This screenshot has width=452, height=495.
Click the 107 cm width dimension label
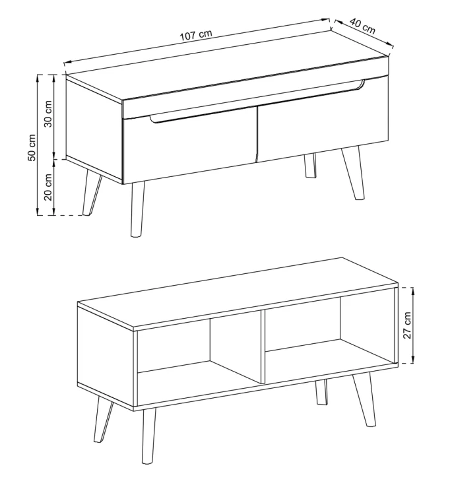pyautogui.click(x=196, y=35)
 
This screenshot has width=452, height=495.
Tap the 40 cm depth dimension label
pyautogui.click(x=363, y=26)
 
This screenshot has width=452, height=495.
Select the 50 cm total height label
pyautogui.click(x=32, y=147)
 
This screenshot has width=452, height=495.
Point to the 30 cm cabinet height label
pyautogui.click(x=48, y=114)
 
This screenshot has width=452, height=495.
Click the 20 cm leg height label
pyautogui.click(x=48, y=187)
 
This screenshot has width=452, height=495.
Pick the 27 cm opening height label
pyautogui.click(x=408, y=325)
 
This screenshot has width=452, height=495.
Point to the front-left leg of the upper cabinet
pyautogui.click(x=137, y=209)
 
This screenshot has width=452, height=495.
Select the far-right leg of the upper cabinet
pyautogui.click(x=353, y=173)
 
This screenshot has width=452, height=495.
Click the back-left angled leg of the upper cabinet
pyautogui.click(x=92, y=193)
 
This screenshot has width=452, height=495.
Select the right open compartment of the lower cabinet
pyautogui.click(x=328, y=335)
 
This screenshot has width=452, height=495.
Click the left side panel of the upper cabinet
pyautogui.click(x=94, y=129)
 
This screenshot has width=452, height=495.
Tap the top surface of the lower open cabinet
pyautogui.click(x=237, y=294)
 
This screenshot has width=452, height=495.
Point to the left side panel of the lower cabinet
pyautogui.click(x=106, y=356)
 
